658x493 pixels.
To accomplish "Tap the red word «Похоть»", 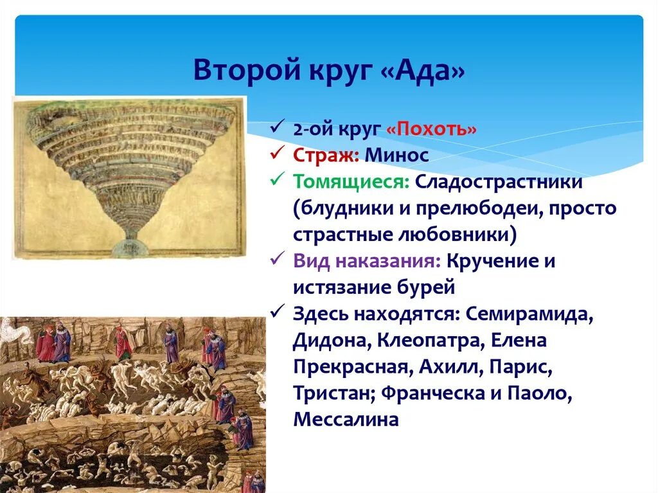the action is click(431, 129).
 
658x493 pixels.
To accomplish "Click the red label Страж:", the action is click(326, 155).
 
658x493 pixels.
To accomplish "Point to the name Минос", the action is click(396, 155).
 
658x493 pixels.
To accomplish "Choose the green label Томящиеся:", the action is click(351, 182).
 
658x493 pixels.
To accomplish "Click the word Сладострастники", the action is click(499, 182).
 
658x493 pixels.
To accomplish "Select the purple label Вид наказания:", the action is click(367, 261).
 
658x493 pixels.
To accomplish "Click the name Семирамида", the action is click(529, 314).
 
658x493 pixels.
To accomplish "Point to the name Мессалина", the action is click(346, 420).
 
